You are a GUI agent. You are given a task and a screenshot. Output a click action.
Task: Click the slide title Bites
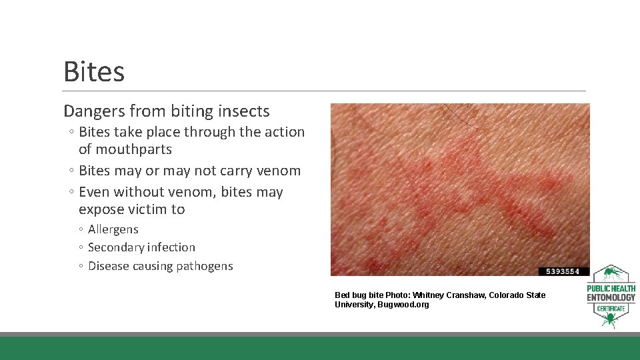coord(94,72)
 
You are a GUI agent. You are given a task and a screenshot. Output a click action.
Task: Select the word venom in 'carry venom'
coord(280,171)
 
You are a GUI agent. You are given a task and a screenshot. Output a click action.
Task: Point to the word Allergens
coord(113,229)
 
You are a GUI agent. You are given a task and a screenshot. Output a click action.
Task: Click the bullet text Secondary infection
coord(141,247)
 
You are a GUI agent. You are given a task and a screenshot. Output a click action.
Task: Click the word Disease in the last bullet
coord(109,266)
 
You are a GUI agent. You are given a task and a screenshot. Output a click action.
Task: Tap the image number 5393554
coord(564,271)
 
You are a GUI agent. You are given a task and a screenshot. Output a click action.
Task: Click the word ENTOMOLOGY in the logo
coord(611,297)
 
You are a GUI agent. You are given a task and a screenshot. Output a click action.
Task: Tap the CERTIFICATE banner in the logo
coord(611,308)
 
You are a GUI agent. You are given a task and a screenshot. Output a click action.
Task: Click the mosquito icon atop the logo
coord(610,274)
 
